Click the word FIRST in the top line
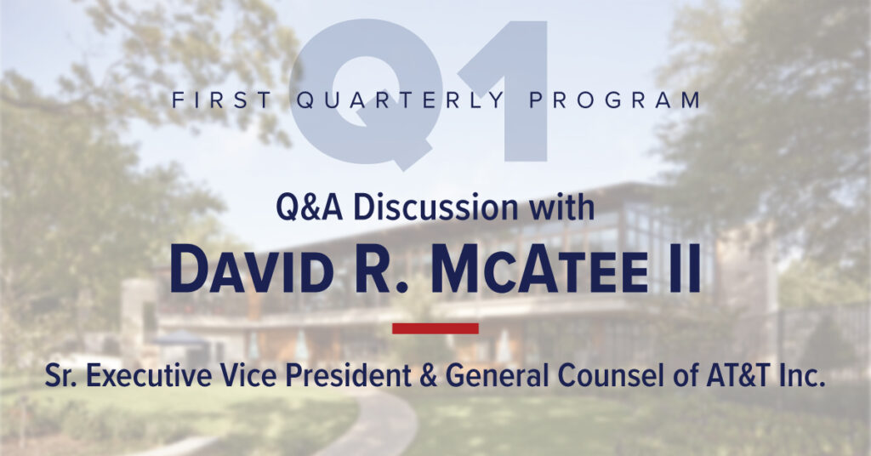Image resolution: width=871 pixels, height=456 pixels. (x=222, y=100)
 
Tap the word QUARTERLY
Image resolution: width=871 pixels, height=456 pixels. (x=400, y=101)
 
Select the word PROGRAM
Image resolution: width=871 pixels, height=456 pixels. (x=614, y=100)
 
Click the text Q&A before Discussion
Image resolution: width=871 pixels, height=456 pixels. (x=310, y=208)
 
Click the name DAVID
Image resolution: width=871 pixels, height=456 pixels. (x=252, y=271)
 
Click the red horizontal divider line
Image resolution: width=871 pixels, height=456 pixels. (x=435, y=328)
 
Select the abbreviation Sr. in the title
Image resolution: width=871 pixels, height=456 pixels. (x=61, y=377)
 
